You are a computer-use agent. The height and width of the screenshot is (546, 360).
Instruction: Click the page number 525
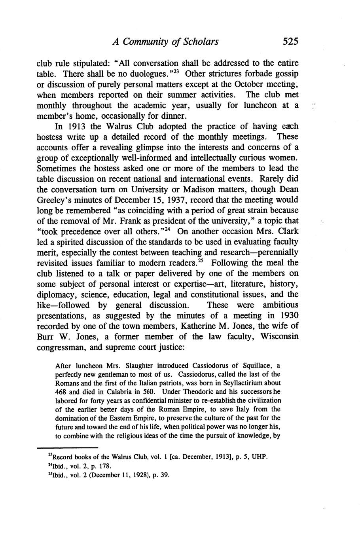290,41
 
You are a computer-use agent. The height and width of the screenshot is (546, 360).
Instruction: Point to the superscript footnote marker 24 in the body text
169,229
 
